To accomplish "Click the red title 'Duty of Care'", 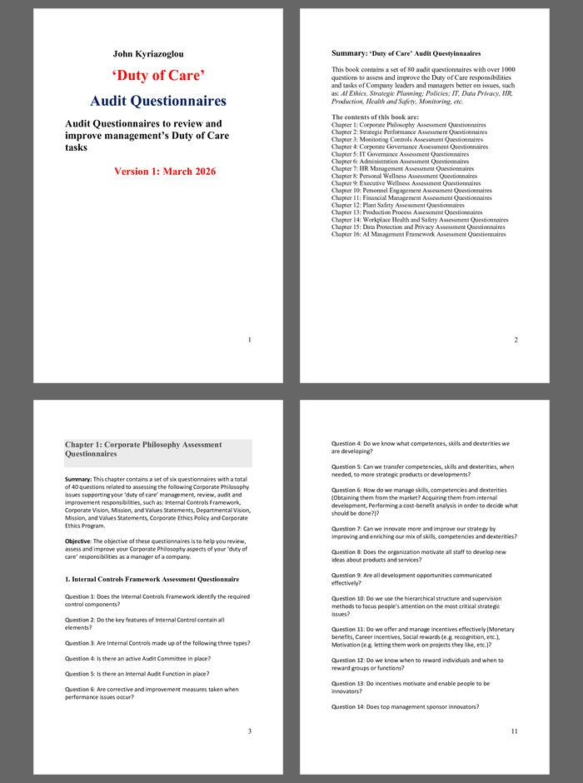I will [x=158, y=76].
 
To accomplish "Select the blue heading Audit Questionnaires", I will [x=158, y=102].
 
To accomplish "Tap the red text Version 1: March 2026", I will [x=165, y=172].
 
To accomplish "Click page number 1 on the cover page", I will [x=250, y=340].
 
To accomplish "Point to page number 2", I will [x=516, y=340].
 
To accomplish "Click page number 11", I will [x=515, y=731].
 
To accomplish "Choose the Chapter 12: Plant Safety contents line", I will [x=398, y=205].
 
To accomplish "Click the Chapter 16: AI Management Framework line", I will [x=418, y=234].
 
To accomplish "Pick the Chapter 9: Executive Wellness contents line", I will [x=406, y=183].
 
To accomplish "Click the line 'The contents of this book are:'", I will [x=375, y=117].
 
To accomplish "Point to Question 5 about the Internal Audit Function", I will [x=137, y=674].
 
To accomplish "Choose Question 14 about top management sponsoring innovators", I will [x=405, y=706].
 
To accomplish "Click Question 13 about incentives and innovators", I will [x=410, y=686].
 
